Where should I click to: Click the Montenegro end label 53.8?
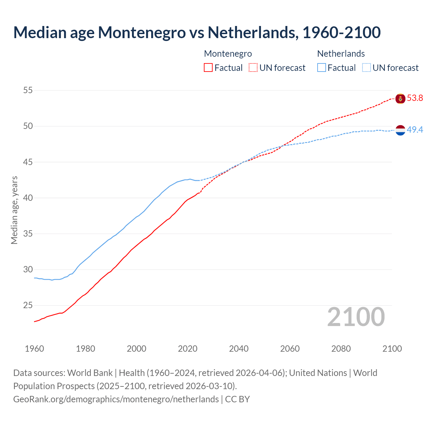pos(415,98)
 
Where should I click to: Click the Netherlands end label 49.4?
pos(415,130)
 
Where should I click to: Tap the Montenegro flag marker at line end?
pos(400,99)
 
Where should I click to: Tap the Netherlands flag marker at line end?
pos(400,130)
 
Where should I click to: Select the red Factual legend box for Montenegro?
pos(208,68)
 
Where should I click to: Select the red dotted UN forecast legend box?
pos(253,68)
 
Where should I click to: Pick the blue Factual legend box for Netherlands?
pos(322,68)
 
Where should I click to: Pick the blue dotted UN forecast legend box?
pos(367,68)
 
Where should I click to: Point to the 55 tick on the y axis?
pos(28,90)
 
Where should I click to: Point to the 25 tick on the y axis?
pos(28,305)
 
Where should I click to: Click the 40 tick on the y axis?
pos(28,198)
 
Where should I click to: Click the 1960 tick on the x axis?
pos(34,349)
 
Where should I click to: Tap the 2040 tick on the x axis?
pos(239,349)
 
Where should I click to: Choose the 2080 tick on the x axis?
pos(341,349)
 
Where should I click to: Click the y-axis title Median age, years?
pos(15,210)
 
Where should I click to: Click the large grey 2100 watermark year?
pos(356,317)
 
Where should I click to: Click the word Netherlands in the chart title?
pos(253,32)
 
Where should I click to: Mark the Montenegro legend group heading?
pos(228,54)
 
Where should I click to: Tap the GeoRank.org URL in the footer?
pos(116,399)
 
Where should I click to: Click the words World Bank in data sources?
pos(90,373)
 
